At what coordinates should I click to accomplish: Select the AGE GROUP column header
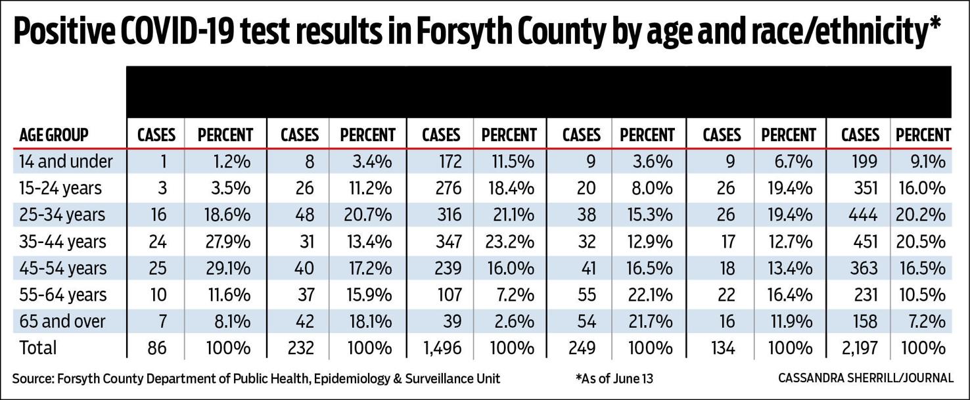tap(54, 135)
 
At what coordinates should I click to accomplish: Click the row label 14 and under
tap(66, 161)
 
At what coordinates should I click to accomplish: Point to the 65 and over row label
tap(62, 322)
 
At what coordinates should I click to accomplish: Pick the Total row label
tap(38, 347)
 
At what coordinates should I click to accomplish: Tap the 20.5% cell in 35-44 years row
tap(923, 242)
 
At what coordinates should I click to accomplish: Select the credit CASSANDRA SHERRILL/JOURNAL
tap(866, 378)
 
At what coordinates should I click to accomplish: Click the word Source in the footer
tap(32, 378)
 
